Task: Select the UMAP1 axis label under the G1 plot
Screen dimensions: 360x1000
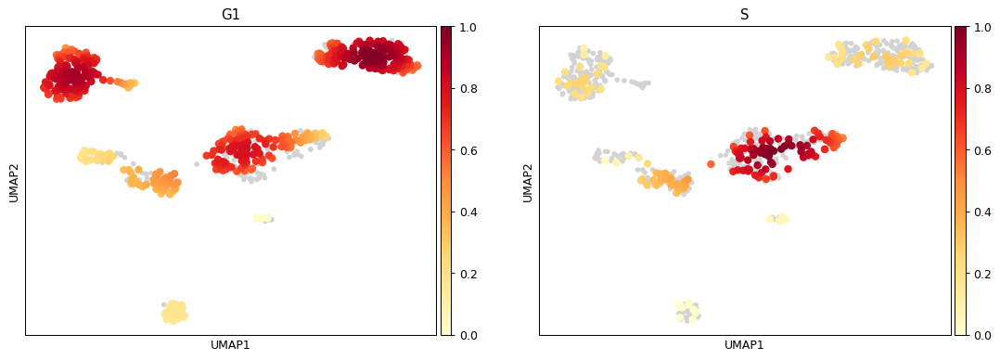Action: (230, 345)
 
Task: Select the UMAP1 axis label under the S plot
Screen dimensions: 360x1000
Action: (744, 345)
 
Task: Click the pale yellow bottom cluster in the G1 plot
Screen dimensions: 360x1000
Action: (173, 312)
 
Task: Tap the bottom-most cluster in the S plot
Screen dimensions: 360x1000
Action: (687, 312)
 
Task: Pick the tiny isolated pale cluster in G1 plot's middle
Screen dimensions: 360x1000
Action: (263, 218)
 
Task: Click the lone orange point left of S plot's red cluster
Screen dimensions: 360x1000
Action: (711, 164)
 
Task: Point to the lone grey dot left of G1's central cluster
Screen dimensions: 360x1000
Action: (197, 164)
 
